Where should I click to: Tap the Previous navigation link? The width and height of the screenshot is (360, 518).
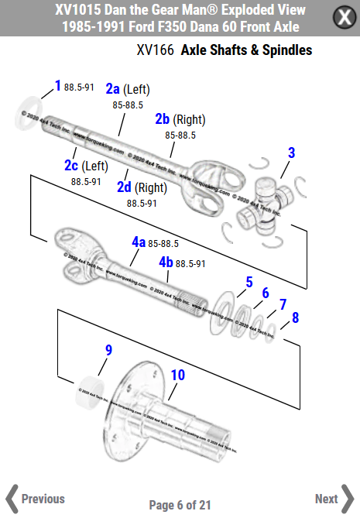[x=35, y=499]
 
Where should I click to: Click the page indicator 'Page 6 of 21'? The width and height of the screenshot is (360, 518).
[x=180, y=505]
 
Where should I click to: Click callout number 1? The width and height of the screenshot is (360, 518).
[x=57, y=85]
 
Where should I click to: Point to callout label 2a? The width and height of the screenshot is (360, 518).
[x=113, y=89]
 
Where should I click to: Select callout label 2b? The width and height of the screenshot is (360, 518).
[x=162, y=119]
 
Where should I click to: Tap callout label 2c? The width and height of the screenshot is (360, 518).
[x=70, y=166]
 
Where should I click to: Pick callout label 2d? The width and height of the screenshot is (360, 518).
[x=124, y=187]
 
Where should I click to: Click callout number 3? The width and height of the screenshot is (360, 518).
[x=291, y=153]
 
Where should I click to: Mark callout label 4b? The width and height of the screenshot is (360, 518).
[x=166, y=262]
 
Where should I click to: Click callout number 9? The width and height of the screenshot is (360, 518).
[x=108, y=350]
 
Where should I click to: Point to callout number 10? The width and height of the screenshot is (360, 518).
[x=177, y=375]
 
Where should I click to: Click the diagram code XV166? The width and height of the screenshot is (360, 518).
[x=155, y=50]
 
